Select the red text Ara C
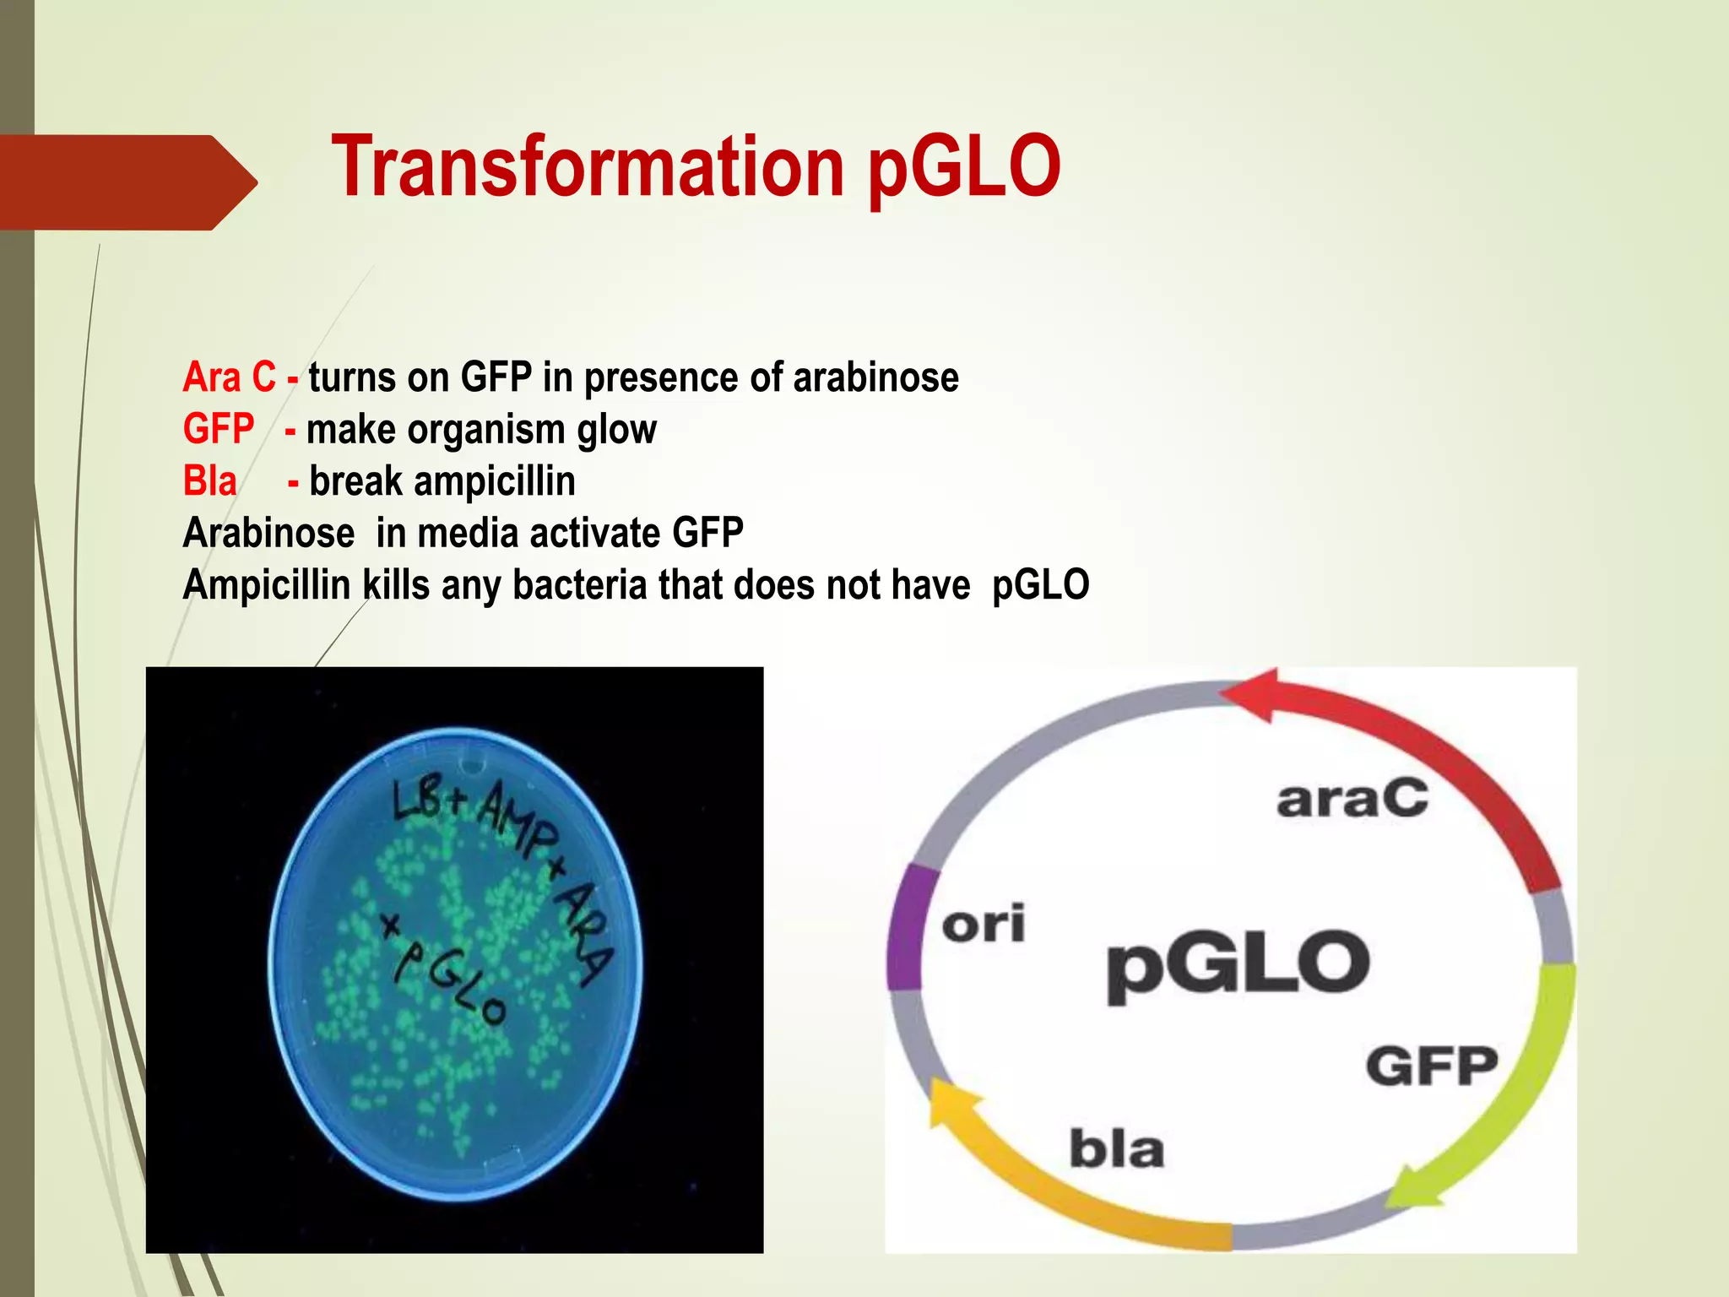click(229, 377)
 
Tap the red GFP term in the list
click(218, 429)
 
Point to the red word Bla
click(209, 481)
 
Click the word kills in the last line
click(396, 585)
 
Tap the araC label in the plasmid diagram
click(1352, 799)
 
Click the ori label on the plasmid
click(984, 924)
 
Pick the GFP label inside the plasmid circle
click(1432, 1066)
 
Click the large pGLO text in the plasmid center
click(1238, 964)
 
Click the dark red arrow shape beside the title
click(127, 182)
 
